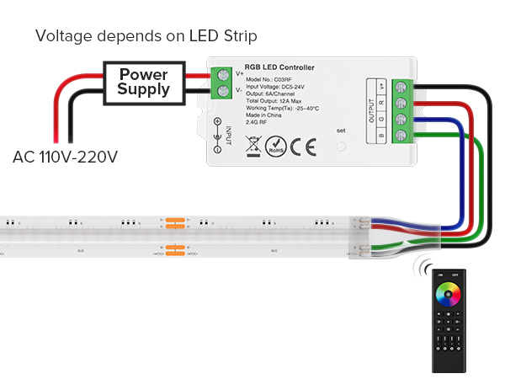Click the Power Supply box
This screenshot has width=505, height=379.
pyautogui.click(x=144, y=83)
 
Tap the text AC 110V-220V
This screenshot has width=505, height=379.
pyautogui.click(x=65, y=157)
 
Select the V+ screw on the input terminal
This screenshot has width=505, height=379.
pyautogui.click(x=224, y=74)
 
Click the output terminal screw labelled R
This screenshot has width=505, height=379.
pyautogui.click(x=399, y=102)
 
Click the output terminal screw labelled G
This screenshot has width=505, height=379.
pyautogui.click(x=399, y=119)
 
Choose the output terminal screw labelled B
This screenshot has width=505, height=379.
pyautogui.click(x=399, y=136)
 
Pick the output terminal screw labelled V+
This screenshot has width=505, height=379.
pyautogui.click(x=399, y=86)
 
